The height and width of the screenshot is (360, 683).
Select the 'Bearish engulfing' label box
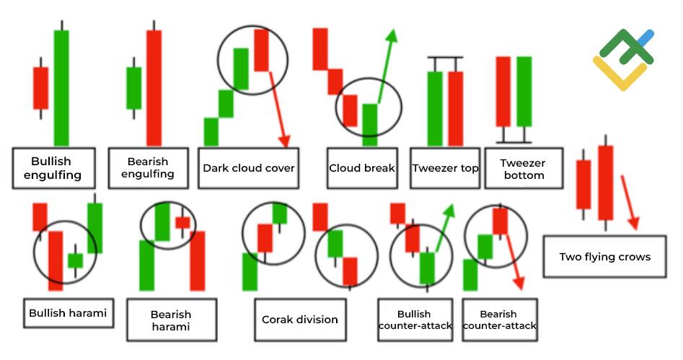pyautogui.click(x=148, y=168)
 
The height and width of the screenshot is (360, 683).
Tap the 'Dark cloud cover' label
pyautogui.click(x=248, y=168)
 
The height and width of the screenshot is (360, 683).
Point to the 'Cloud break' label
pyautogui.click(x=362, y=168)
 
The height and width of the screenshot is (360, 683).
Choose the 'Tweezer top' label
pyautogui.click(x=445, y=168)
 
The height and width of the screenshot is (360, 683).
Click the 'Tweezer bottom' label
pyautogui.click(x=524, y=168)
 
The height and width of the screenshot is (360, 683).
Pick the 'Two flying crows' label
pyautogui.click(x=604, y=257)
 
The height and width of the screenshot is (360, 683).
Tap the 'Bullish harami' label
pyautogui.click(x=68, y=313)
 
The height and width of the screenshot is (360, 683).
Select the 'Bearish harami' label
pyautogui.click(x=171, y=320)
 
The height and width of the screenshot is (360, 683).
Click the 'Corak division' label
pyautogui.click(x=300, y=320)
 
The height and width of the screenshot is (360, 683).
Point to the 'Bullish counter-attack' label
pyautogui.click(x=415, y=320)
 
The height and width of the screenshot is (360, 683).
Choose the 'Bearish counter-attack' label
pyautogui.click(x=500, y=320)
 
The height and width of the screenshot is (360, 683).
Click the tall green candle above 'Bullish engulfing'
pyautogui.click(x=61, y=87)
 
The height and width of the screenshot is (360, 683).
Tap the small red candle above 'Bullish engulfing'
pyautogui.click(x=41, y=88)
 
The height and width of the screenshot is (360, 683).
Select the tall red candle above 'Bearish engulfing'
pyautogui.click(x=154, y=87)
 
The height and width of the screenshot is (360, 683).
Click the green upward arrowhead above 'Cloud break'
pyautogui.click(x=392, y=36)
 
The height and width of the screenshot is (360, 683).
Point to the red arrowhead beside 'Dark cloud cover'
pyautogui.click(x=284, y=141)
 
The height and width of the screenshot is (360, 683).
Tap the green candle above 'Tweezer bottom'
pyautogui.click(x=524, y=92)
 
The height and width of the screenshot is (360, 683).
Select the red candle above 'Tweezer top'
pyautogui.click(x=456, y=108)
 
